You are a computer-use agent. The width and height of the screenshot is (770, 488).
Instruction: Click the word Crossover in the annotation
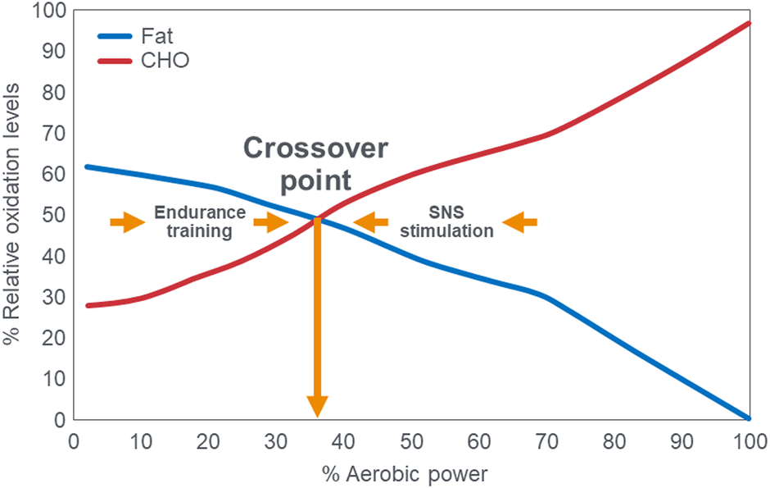[x=315, y=150]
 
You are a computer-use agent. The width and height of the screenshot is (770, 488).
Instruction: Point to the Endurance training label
[x=199, y=221]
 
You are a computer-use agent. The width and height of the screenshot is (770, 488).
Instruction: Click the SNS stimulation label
[x=446, y=221]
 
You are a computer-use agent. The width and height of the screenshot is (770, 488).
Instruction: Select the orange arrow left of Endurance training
[x=127, y=221]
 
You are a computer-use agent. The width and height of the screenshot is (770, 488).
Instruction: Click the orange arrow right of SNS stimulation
[x=519, y=221]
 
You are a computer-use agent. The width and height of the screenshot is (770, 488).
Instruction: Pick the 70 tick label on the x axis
[x=546, y=441]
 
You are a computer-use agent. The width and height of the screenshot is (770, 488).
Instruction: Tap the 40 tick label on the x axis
[x=344, y=441]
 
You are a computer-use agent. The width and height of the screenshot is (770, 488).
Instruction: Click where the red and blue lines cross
[x=317, y=218]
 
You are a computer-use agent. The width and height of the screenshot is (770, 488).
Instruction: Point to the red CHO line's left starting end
[x=88, y=305]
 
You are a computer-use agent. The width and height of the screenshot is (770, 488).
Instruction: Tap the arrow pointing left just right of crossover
[x=370, y=221]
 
